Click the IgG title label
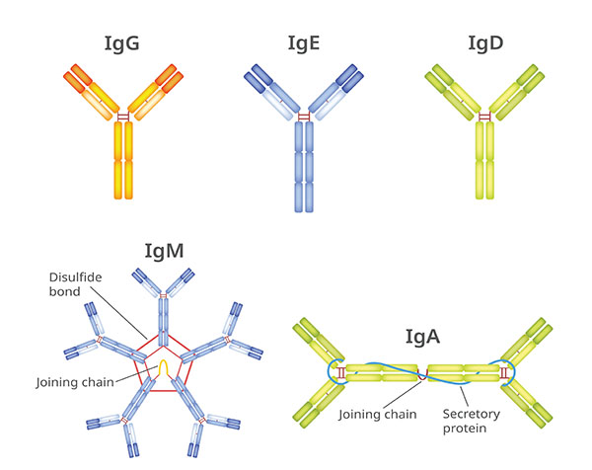pos(123,43)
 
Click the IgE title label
pos(304,43)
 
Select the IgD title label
pos(484,43)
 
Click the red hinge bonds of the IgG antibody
pos(123,117)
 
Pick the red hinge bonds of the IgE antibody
pos(304,117)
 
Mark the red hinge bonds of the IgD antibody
pos(484,117)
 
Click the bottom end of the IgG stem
pos(123,194)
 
